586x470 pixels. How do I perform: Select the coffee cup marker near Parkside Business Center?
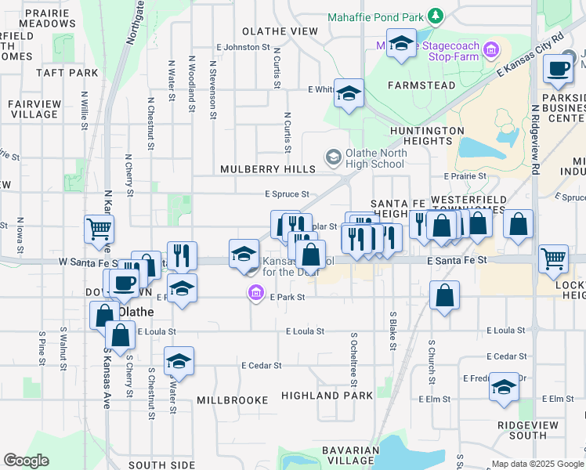point(559,69)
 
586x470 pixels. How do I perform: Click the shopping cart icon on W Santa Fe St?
point(99,230)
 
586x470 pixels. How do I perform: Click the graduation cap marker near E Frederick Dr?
point(504,387)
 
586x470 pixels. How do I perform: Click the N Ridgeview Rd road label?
point(535,138)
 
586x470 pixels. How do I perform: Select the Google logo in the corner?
point(26,461)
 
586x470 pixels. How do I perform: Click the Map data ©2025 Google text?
point(537,464)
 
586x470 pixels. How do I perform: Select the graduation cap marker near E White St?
point(348,92)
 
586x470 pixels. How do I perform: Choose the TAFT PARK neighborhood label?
point(67,73)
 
